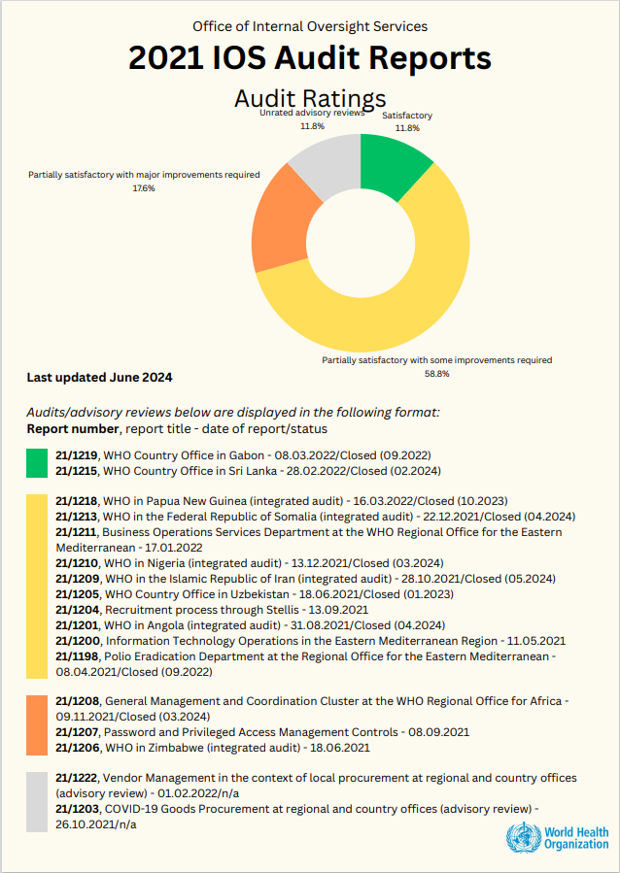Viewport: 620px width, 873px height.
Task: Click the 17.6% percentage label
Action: click(x=144, y=187)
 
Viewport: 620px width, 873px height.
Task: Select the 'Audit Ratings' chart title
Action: click(x=310, y=98)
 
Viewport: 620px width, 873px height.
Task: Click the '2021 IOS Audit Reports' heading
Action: click(x=310, y=58)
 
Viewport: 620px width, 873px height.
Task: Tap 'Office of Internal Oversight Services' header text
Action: click(x=310, y=26)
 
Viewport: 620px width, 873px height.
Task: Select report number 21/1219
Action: click(x=77, y=454)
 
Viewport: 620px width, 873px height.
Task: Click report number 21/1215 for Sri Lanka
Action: click(x=77, y=470)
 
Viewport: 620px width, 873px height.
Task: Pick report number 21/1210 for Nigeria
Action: click(x=77, y=563)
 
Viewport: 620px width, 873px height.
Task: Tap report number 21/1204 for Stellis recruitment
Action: click(x=77, y=610)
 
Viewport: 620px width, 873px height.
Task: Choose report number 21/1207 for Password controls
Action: click(x=77, y=731)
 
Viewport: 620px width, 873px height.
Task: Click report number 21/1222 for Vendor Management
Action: click(x=77, y=778)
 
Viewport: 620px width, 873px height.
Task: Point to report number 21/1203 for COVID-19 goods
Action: click(x=77, y=809)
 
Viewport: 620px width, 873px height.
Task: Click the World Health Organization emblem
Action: click(x=521, y=837)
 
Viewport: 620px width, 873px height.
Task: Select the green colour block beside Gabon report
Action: click(x=37, y=462)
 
